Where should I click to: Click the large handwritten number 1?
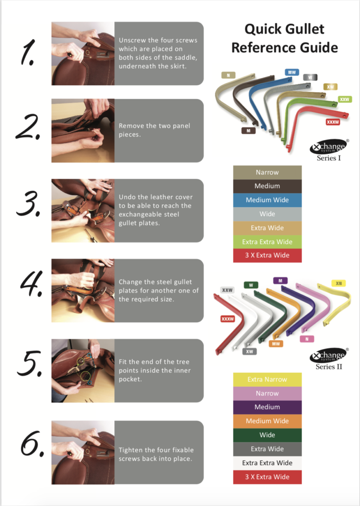pos(28,53)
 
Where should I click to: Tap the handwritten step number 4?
pos(32,283)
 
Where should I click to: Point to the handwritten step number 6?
pos(32,444)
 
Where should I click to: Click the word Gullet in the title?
pos(305,29)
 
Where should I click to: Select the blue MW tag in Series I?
pos(292,72)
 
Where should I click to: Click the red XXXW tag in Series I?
pos(333,122)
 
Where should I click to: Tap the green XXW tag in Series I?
pos(345,99)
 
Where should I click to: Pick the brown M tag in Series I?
pos(249,130)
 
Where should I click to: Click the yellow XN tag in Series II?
pos(339,283)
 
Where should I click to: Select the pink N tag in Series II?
pos(307,339)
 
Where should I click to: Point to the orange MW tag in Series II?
pos(276,344)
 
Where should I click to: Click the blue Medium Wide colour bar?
pos(267,200)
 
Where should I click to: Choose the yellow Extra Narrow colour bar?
pos(267,379)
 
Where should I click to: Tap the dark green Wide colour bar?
pos(267,435)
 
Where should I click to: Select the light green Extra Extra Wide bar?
pos(267,242)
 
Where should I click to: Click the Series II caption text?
pos(329,367)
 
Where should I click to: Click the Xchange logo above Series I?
pos(328,146)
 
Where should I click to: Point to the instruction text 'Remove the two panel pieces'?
pos(154,130)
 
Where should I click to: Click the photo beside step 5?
pos(83,371)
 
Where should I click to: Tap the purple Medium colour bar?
pos(267,407)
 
